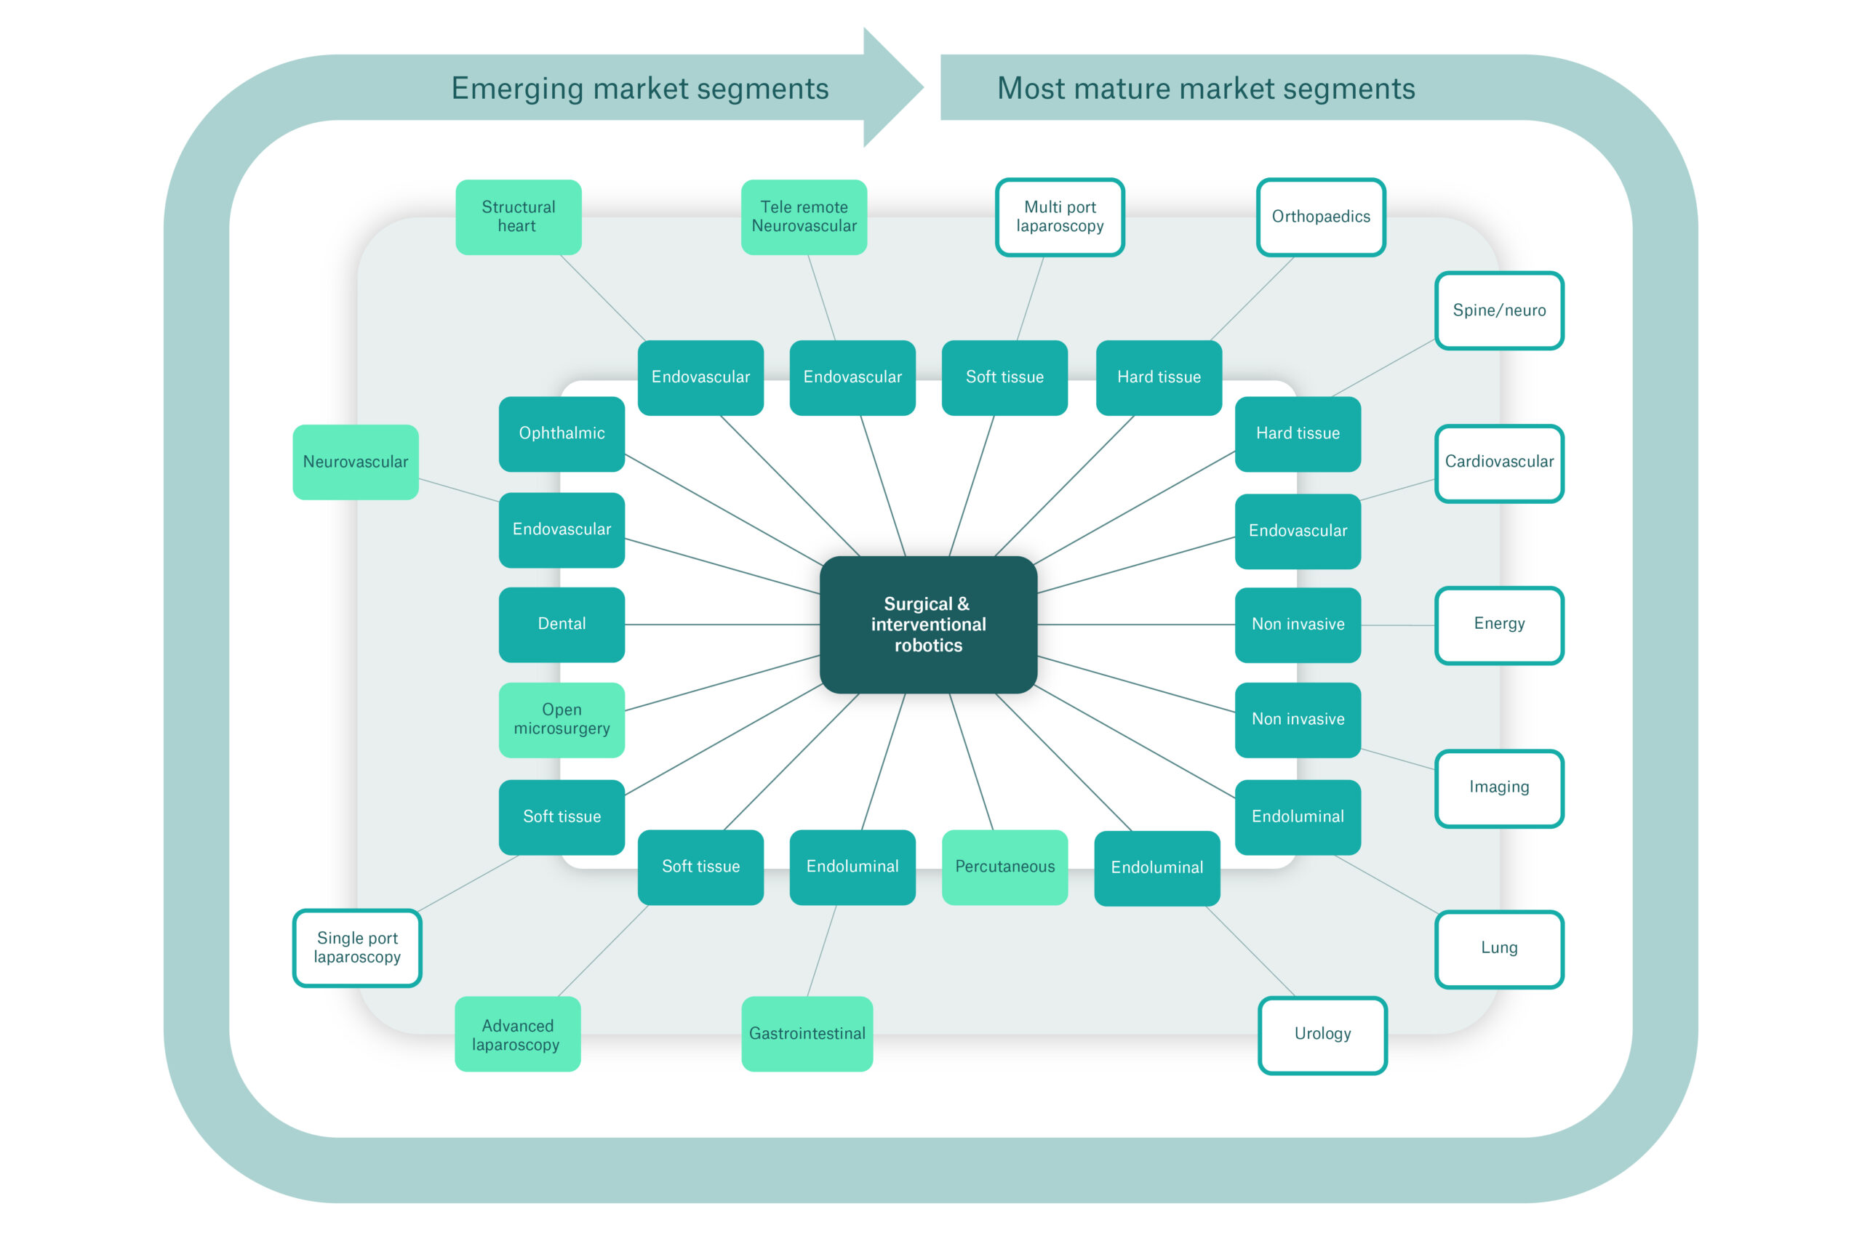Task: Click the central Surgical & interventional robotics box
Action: pyautogui.click(x=928, y=624)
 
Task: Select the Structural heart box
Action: pyautogui.click(x=519, y=217)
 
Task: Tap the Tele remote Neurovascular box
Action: pyautogui.click(x=804, y=217)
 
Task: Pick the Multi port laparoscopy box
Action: pyautogui.click(x=1060, y=217)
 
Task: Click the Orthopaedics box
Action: pyautogui.click(x=1321, y=217)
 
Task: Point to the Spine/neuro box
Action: pyautogui.click(x=1499, y=310)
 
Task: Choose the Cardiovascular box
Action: pyautogui.click(x=1499, y=463)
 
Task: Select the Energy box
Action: pyautogui.click(x=1499, y=625)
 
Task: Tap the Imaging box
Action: pyautogui.click(x=1499, y=788)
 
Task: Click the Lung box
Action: pyautogui.click(x=1499, y=949)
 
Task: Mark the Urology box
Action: pyautogui.click(x=1322, y=1035)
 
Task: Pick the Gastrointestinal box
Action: pyautogui.click(x=807, y=1034)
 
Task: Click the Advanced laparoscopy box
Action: pyautogui.click(x=518, y=1034)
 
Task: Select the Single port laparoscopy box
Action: pyautogui.click(x=357, y=948)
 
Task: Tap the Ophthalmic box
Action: pyautogui.click(x=562, y=434)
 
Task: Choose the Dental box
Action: pyautogui.click(x=562, y=624)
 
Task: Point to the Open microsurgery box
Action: pyautogui.click(x=562, y=720)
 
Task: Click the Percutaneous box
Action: pyautogui.click(x=1004, y=867)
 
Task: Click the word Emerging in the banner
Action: pyautogui.click(x=518, y=89)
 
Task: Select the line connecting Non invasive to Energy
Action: pyautogui.click(x=1398, y=625)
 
